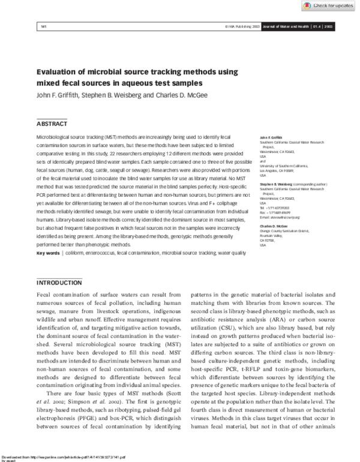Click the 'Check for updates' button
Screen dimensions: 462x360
(x=328, y=5)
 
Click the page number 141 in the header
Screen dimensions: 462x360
(x=43, y=28)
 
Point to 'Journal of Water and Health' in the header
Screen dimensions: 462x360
(x=285, y=28)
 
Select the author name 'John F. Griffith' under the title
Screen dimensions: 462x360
(x=59, y=95)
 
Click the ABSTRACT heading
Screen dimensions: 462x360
(x=52, y=124)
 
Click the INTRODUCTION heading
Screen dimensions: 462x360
(x=59, y=282)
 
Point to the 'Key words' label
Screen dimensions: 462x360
(x=48, y=254)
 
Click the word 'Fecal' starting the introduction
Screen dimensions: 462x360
(x=46, y=296)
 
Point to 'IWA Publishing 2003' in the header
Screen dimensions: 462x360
(x=243, y=28)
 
